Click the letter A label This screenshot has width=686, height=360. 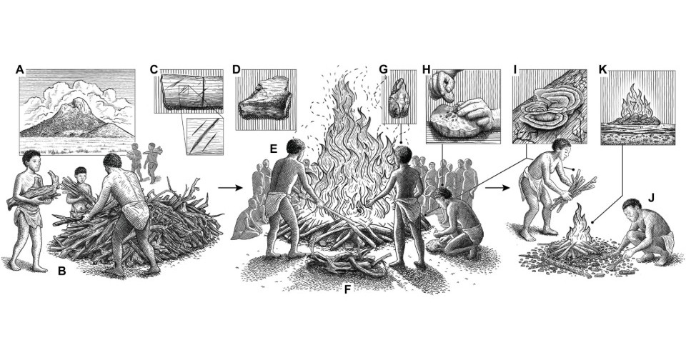19,69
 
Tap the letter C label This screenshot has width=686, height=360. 154,69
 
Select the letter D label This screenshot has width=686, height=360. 237,69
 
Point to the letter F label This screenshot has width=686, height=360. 347,289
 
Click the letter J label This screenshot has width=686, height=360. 651,198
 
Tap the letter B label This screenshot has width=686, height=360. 62,271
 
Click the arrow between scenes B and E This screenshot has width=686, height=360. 230,188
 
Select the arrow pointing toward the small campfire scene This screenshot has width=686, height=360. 498,188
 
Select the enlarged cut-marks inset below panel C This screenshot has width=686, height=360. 205,136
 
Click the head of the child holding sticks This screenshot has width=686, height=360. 81,174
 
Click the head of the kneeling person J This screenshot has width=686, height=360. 632,209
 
